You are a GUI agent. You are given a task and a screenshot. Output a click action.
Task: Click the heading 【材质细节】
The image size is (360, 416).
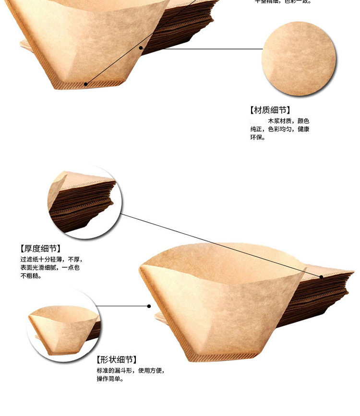[x=270, y=110]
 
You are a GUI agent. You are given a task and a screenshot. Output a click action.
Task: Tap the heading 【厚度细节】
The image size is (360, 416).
[x=40, y=249]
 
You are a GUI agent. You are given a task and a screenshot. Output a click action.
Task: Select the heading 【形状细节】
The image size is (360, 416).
[x=116, y=360]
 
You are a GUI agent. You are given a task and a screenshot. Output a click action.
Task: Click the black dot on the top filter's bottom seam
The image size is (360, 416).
[x=86, y=84]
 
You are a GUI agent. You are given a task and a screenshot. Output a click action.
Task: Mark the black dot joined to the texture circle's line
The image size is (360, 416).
[x=141, y=48]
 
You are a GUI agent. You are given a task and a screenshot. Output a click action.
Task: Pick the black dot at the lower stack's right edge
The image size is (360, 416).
[x=321, y=276]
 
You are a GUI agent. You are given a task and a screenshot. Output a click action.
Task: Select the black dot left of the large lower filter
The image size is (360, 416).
[x=149, y=306]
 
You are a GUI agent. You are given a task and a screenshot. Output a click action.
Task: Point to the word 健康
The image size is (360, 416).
[x=303, y=130]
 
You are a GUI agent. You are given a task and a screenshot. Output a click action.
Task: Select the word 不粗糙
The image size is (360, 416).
[x=30, y=276]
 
